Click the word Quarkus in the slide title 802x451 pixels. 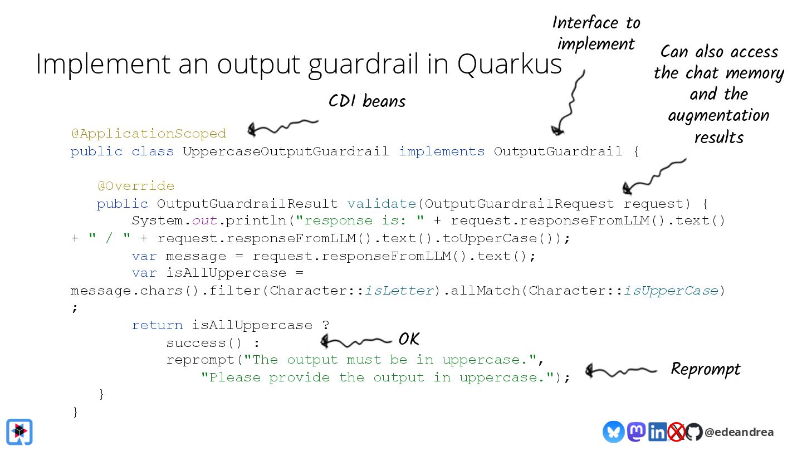pos(510,65)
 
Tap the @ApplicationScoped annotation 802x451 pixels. pos(149,134)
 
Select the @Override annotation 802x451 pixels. pos(136,186)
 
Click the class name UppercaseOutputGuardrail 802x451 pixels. pos(286,151)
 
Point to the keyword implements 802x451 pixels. pos(442,151)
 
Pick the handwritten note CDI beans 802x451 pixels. pos(367,101)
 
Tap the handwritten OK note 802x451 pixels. pos(408,339)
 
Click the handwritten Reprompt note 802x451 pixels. pos(705,369)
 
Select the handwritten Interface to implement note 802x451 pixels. pos(596,33)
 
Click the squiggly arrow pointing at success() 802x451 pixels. pos(356,340)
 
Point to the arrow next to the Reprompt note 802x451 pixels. pos(620,370)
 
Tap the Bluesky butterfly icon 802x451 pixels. pos(613,432)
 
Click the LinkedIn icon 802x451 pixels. pos(657,432)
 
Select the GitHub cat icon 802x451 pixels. pos(693,432)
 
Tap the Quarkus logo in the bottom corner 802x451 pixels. pos(19,432)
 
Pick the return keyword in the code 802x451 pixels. pos(157,325)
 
